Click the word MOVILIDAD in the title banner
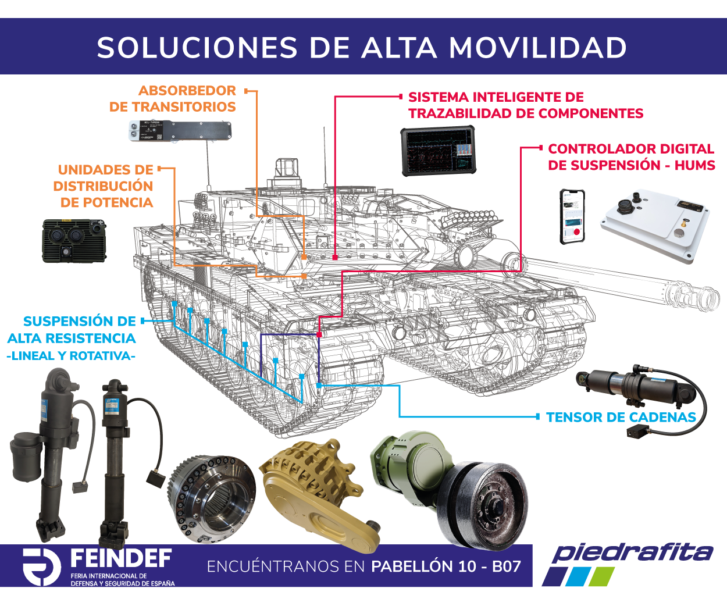(x=537, y=48)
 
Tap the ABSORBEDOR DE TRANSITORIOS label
(x=173, y=99)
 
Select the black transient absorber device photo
(x=180, y=131)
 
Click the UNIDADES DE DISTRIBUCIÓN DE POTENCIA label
(x=104, y=186)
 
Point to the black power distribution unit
(x=74, y=240)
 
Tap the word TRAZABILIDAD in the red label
(x=469, y=113)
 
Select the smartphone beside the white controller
(x=572, y=216)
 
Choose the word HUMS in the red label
(x=694, y=165)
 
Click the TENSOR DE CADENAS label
(x=621, y=417)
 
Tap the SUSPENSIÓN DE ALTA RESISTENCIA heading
(x=72, y=330)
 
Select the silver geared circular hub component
(x=211, y=500)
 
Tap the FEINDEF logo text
(x=120, y=559)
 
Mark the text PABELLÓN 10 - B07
(x=446, y=566)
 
